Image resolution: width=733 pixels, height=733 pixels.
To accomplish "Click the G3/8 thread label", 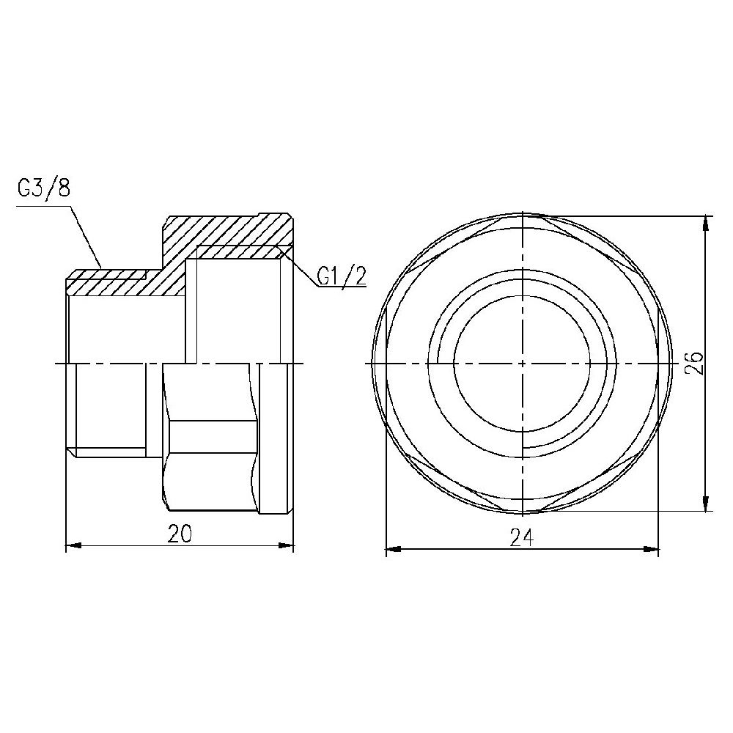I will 43,188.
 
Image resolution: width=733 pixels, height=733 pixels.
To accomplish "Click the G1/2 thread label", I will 342,276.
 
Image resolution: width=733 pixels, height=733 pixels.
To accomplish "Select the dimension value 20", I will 180,534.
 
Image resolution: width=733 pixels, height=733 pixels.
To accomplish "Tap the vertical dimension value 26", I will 696,364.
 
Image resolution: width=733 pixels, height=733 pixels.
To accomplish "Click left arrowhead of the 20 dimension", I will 73,545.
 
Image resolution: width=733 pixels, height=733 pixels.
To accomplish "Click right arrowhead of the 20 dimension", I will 287,545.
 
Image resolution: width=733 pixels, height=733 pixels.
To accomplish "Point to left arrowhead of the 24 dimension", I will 393,548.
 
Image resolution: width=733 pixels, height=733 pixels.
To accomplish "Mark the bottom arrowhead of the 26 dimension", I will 707,505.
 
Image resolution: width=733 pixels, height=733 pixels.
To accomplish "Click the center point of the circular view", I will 522,364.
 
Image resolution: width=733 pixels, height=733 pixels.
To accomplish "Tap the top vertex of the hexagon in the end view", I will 522,215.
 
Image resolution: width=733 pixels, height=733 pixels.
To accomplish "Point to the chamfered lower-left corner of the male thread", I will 71,452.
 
